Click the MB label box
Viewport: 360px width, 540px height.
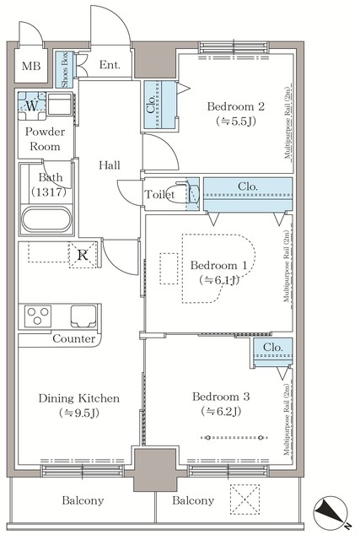30,67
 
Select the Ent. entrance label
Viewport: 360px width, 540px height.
110,65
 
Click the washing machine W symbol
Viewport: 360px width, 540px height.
31,105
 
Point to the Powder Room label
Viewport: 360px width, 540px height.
44,139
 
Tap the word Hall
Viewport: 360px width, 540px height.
110,165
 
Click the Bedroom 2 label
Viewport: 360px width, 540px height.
237,106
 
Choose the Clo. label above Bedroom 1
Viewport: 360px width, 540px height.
248,186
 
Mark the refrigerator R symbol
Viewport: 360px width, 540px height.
83,254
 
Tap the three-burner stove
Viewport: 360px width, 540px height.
39,316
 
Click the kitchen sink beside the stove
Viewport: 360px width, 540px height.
86,316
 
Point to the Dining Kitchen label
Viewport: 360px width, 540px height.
78,398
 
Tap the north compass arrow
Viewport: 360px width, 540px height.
331,511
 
